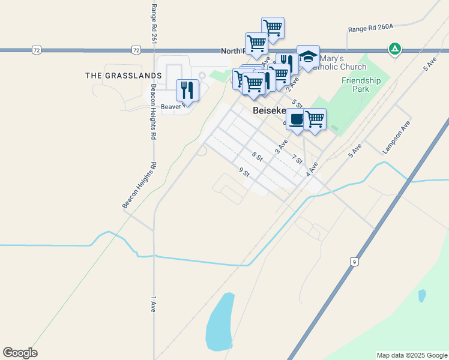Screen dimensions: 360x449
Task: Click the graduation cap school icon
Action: [x=308, y=57]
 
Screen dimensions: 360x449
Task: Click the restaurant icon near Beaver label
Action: [x=187, y=90]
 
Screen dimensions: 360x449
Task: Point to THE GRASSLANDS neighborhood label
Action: [x=124, y=76]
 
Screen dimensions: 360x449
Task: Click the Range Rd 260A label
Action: [x=371, y=28]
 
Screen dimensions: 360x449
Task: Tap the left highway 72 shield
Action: [x=37, y=50]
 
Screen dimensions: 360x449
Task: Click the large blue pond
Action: [x=220, y=322]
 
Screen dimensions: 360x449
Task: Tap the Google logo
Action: [x=20, y=353]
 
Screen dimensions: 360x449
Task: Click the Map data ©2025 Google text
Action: [x=411, y=355]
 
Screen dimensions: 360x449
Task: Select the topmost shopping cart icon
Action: [x=273, y=28]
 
